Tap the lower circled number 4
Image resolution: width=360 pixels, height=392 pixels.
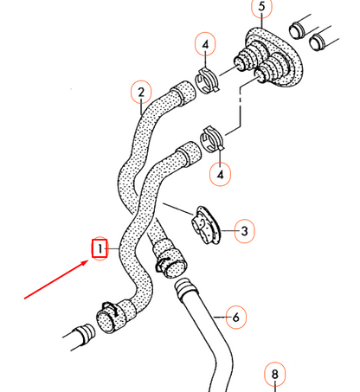click(222, 174)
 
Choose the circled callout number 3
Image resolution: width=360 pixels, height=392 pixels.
click(245, 231)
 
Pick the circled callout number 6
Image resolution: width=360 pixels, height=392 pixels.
click(234, 318)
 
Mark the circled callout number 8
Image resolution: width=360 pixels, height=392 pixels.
click(275, 375)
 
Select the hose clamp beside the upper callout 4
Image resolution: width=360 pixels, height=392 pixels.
click(206, 80)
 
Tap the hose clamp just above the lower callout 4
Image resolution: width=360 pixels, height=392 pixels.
click(213, 138)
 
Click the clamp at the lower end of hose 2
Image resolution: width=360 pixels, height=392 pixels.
click(169, 259)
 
